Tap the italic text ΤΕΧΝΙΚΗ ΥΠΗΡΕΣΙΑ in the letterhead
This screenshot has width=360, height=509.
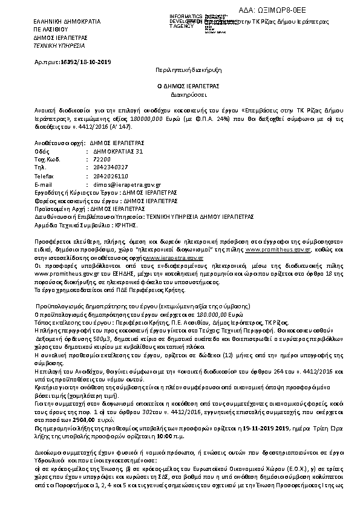59,45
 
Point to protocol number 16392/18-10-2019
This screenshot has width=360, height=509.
82,62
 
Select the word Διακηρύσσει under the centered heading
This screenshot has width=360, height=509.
180,95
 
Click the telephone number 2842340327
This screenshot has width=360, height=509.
110,167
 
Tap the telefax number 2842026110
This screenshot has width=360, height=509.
110,175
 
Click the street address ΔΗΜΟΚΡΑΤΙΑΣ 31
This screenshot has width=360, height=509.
119,151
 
